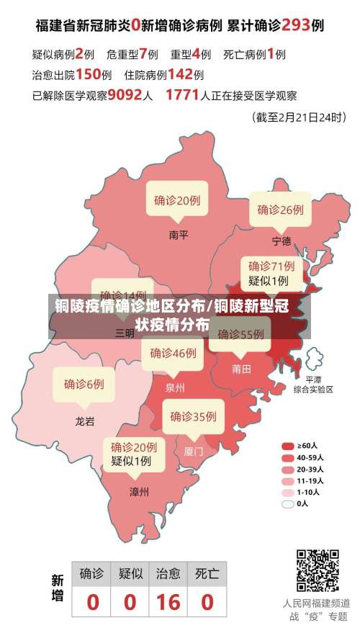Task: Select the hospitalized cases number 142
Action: tap(179, 73)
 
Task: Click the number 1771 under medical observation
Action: tap(182, 94)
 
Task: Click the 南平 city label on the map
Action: tap(178, 235)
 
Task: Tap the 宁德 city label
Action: tap(282, 241)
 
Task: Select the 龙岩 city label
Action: tap(84, 421)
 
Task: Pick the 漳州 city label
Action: tap(139, 492)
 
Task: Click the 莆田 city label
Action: tap(241, 369)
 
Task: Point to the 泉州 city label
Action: tap(175, 387)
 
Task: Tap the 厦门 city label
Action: tap(193, 452)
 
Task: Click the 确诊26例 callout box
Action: tap(280, 210)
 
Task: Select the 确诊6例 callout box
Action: tap(84, 384)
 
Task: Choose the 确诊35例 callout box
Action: tap(193, 416)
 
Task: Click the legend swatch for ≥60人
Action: tap(288, 446)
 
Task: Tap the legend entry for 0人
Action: tap(288, 503)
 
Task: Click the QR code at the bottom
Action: tap(318, 571)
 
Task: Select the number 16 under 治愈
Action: tap(168, 601)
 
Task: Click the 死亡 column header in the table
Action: tap(207, 574)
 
